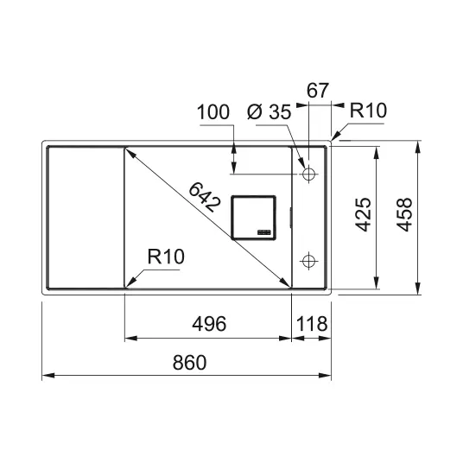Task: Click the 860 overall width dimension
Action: tap(189, 363)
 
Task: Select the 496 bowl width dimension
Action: tap(209, 324)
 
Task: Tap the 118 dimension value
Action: tap(312, 324)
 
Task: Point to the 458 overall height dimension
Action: tap(404, 215)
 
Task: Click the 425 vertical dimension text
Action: tap(363, 215)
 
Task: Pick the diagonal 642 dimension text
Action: tap(205, 197)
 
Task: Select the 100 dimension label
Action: tap(212, 112)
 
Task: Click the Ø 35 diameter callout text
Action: tap(269, 112)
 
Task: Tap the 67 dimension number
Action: tap(317, 91)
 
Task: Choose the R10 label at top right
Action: tap(368, 111)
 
